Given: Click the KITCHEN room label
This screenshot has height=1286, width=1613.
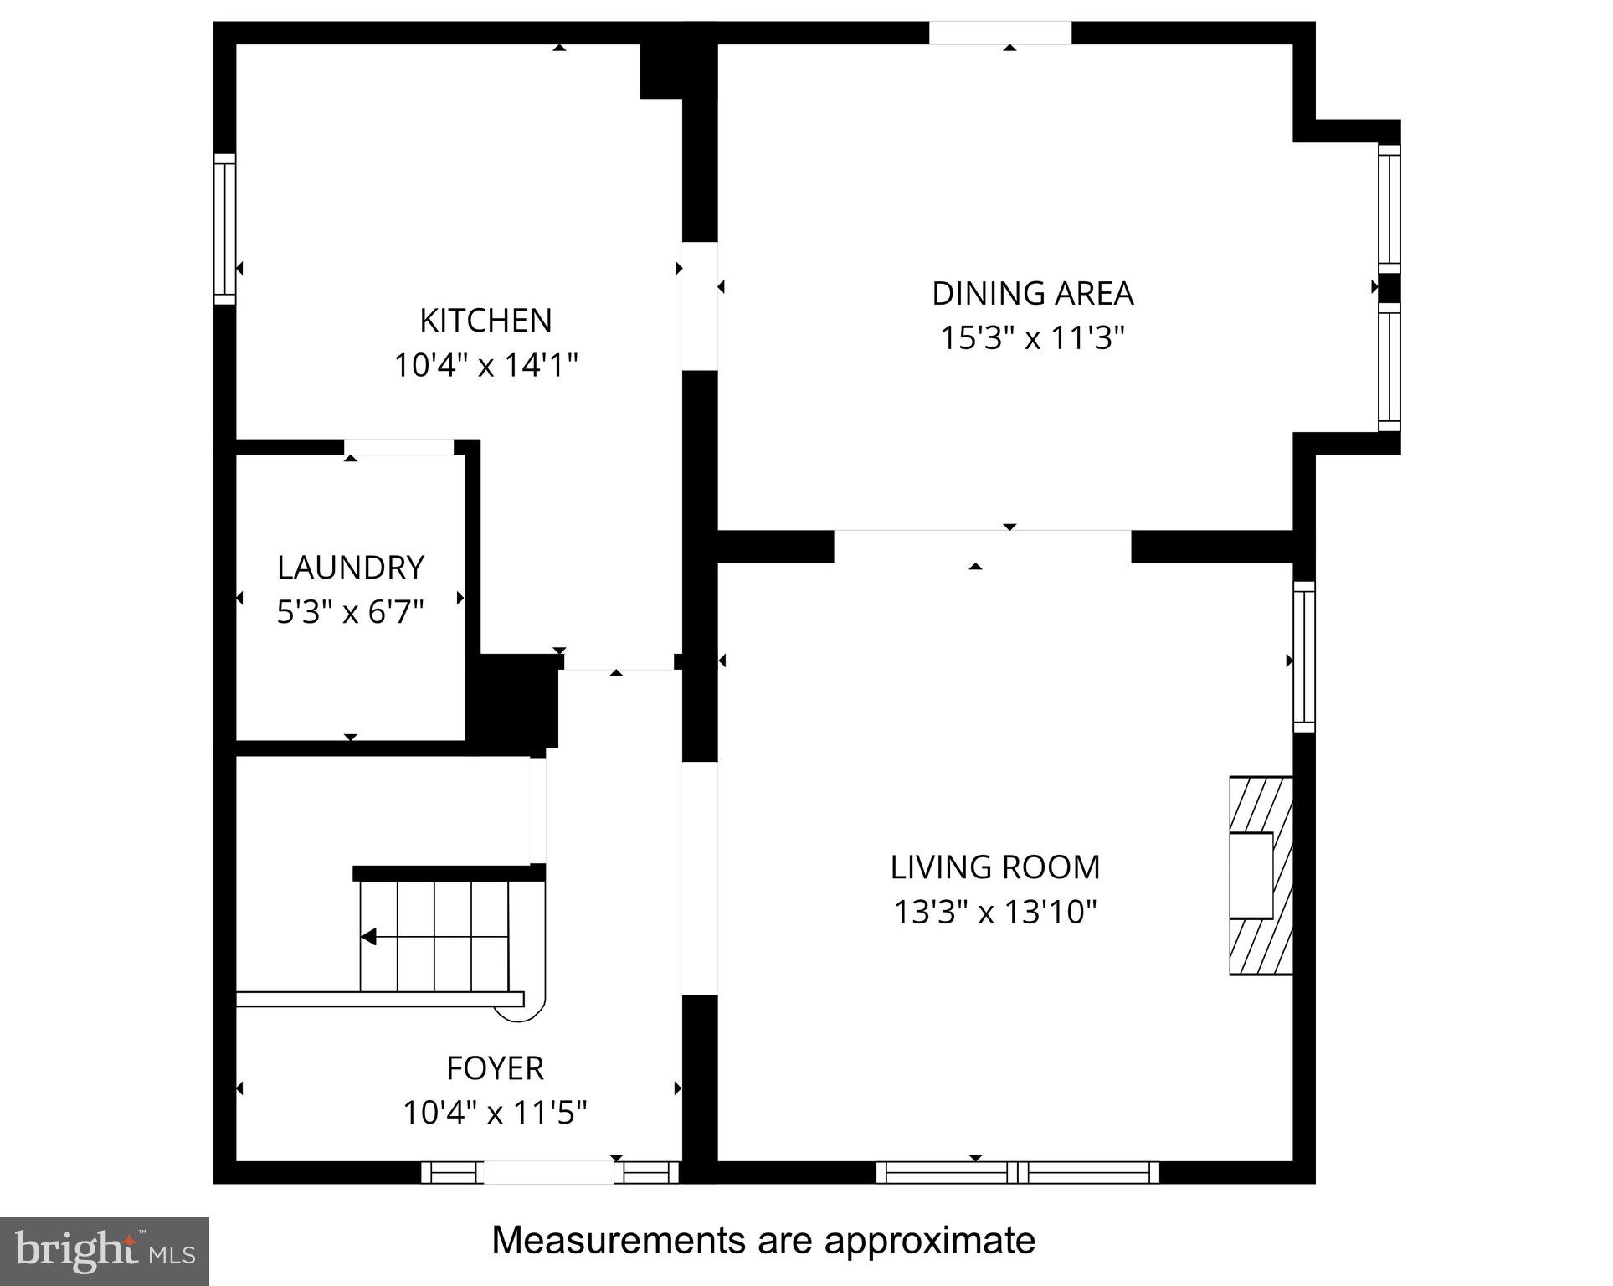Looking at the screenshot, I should coord(485,321).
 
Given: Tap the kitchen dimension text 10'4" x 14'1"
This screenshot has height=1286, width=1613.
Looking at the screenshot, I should coord(485,366).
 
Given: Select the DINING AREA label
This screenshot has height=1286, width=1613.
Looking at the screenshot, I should coord(1032,294).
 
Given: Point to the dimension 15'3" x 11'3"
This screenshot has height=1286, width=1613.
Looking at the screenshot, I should coord(1032,339).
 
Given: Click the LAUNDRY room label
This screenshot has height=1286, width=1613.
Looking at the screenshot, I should coord(351,568).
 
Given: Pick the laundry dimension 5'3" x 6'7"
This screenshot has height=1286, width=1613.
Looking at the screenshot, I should coord(351,613).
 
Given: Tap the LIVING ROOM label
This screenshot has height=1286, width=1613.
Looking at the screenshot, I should coord(994,867).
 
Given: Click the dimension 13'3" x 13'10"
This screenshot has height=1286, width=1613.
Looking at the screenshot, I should coord(994,913).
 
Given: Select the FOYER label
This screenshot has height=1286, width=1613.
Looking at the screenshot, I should coord(495,1068).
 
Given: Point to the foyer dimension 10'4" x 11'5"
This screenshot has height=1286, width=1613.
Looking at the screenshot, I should coord(495,1114).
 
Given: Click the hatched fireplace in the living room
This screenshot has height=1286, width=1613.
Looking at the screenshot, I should coord(1261,876).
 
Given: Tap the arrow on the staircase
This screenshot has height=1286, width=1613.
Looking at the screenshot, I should coord(369,937).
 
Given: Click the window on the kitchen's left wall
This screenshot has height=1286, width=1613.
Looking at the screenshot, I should coord(224,229).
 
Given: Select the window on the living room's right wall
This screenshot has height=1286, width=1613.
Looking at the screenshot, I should coord(1304,656).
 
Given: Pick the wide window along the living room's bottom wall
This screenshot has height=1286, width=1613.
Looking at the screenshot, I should coord(1017,1172).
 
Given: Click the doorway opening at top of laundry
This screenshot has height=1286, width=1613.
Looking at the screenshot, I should coord(399,447).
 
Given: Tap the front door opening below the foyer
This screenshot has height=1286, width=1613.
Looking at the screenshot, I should coord(549,1172).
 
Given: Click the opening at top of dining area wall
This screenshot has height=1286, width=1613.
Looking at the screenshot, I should coord(1000,33).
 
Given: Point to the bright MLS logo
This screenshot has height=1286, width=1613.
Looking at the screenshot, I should coord(105,1252).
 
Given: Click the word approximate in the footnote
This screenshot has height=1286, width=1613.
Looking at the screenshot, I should coord(929,1240).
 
